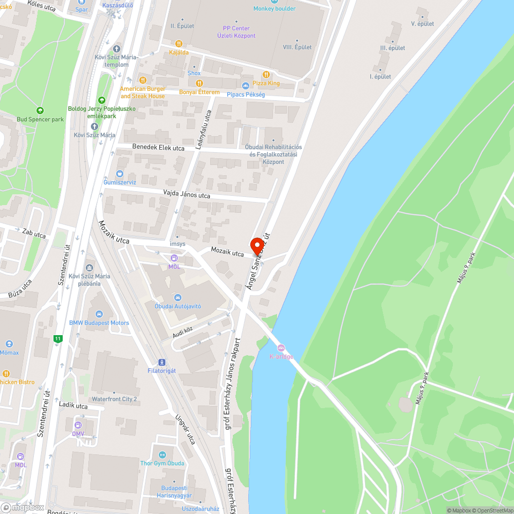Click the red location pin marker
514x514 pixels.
pyautogui.click(x=257, y=246)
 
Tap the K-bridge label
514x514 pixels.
pyautogui.click(x=281, y=357)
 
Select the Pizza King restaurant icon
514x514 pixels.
pyautogui.click(x=266, y=75)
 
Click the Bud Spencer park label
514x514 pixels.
pyautogui.click(x=40, y=119)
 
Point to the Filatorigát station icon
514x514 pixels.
pyautogui.click(x=162, y=362)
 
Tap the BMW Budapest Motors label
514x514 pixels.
pyautogui.click(x=99, y=323)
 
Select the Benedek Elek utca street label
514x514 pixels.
pyautogui.click(x=158, y=148)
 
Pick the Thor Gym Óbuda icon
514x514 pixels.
pyautogui.click(x=162, y=454)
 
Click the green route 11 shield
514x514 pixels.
pyautogui.click(x=58, y=339)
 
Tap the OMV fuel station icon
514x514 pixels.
pyautogui.click(x=78, y=425)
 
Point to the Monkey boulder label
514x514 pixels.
pyautogui.click(x=274, y=8)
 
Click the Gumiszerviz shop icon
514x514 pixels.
pyautogui.click(x=120, y=174)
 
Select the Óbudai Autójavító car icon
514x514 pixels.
pyautogui.click(x=178, y=298)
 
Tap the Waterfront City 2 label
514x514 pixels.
pyautogui.click(x=114, y=399)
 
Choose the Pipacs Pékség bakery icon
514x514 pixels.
pyautogui.click(x=245, y=86)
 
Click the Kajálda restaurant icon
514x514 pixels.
pyautogui.click(x=179, y=44)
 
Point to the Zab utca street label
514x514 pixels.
pyautogui.click(x=34, y=234)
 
